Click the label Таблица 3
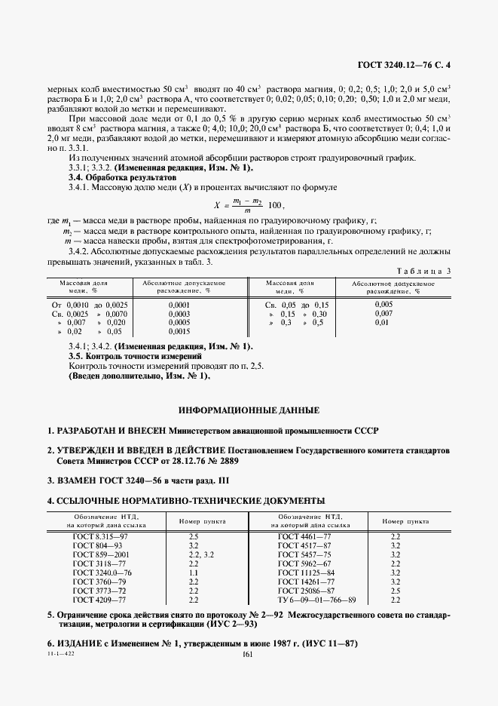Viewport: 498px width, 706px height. (422, 269)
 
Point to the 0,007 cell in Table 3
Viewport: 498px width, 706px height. (383, 313)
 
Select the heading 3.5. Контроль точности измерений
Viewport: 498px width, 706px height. (136, 355)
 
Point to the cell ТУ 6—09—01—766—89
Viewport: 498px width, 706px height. (316, 600)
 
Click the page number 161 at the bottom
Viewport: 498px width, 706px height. (249, 655)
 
